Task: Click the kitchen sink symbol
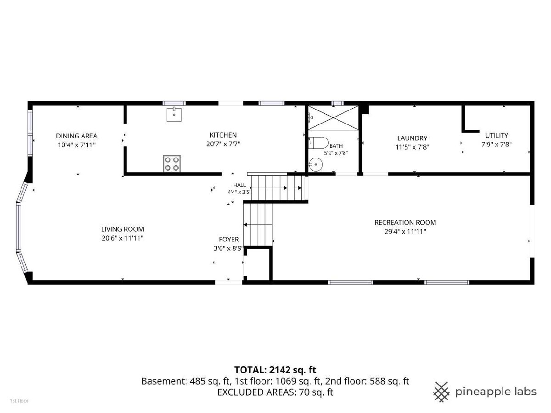pyautogui.click(x=174, y=114)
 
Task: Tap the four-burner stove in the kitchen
pyautogui.click(x=172, y=163)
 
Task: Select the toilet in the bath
pyautogui.click(x=318, y=143)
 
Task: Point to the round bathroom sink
pyautogui.click(x=315, y=164)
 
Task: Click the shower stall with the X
pyautogui.click(x=333, y=118)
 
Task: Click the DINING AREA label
pyautogui.click(x=77, y=136)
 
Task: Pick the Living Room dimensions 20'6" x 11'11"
pyautogui.click(x=123, y=238)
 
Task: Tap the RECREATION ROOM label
pyautogui.click(x=405, y=223)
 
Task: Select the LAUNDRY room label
pyautogui.click(x=412, y=138)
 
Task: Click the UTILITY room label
pyautogui.click(x=496, y=135)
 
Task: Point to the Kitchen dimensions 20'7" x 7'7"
pyautogui.click(x=223, y=144)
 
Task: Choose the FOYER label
pyautogui.click(x=229, y=239)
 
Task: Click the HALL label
pyautogui.click(x=240, y=185)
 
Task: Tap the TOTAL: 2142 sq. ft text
pyautogui.click(x=275, y=370)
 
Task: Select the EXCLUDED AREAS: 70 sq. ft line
pyautogui.click(x=275, y=392)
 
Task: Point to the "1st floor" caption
pyautogui.click(x=19, y=401)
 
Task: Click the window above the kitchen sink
pyautogui.click(x=174, y=103)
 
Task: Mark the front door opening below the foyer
pyautogui.click(x=229, y=282)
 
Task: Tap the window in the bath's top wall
pyautogui.click(x=337, y=103)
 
